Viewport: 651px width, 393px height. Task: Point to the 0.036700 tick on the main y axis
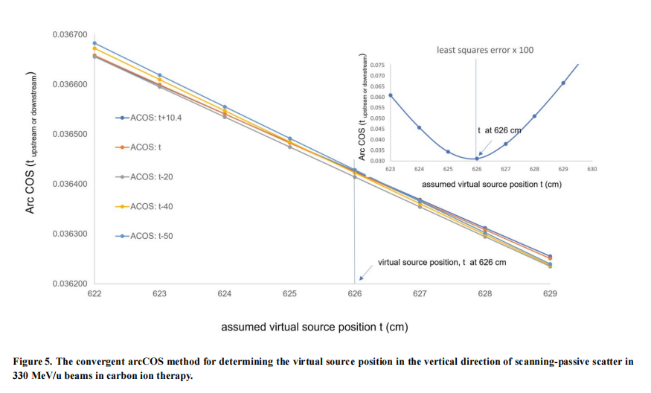pos(70,35)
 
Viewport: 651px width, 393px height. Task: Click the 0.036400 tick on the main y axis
pos(70,185)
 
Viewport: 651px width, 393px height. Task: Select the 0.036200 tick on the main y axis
pos(70,284)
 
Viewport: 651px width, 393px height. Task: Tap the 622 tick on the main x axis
pos(94,295)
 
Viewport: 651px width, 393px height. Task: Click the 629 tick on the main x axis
pos(550,295)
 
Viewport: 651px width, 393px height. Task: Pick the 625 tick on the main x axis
pos(289,295)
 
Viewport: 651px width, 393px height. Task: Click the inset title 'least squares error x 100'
pos(484,50)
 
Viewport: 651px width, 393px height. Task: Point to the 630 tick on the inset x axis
pos(592,170)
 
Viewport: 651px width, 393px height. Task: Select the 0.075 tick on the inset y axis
pos(379,65)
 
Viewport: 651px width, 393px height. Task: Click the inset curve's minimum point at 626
pos(477,159)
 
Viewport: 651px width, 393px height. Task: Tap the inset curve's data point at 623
pos(391,95)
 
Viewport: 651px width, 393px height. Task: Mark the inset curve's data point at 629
pos(563,83)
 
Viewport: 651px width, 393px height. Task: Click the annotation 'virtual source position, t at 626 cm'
pos(442,263)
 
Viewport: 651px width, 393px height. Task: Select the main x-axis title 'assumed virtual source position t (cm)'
pos(314,327)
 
